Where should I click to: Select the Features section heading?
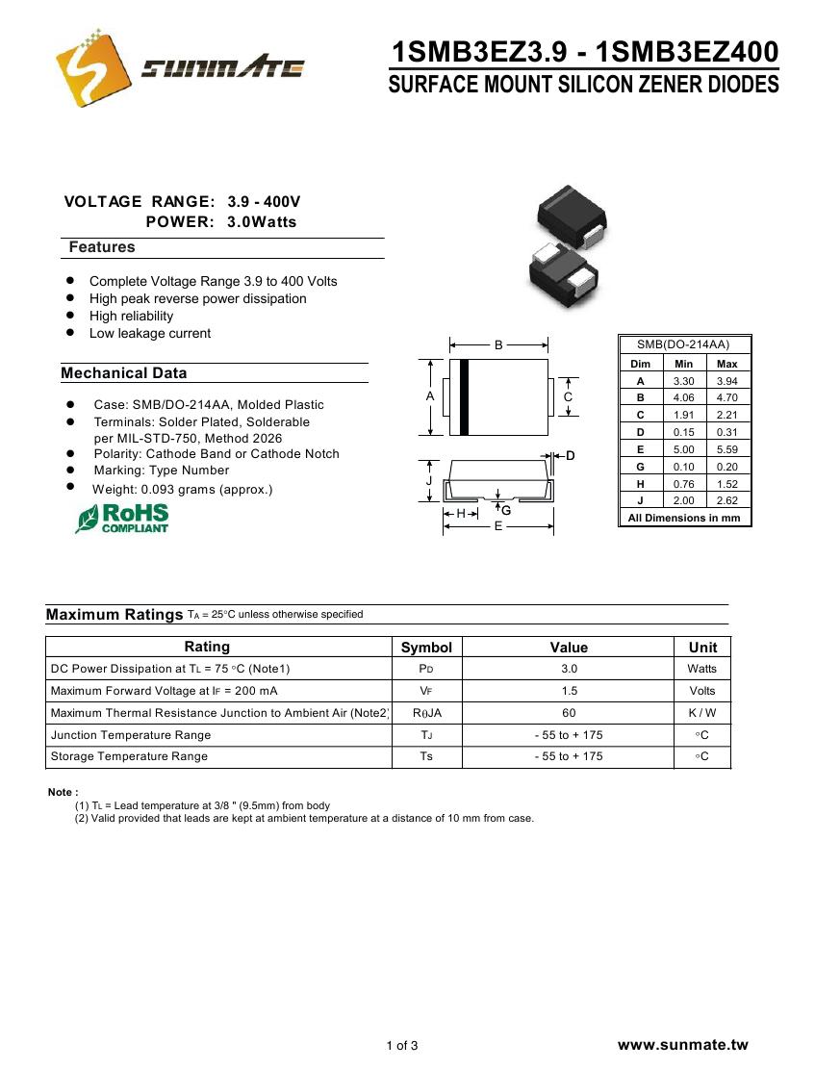tap(102, 247)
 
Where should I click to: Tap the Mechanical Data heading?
tap(124, 373)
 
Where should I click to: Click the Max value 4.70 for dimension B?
tap(727, 397)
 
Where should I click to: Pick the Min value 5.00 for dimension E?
tap(683, 449)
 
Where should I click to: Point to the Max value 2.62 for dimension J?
tap(727, 500)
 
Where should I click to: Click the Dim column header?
tap(640, 364)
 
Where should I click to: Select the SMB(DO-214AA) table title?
tap(683, 344)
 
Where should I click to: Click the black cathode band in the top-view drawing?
tap(464, 396)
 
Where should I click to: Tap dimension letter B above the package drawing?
tap(498, 344)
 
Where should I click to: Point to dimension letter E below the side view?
tap(498, 526)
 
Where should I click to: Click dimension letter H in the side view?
tap(461, 514)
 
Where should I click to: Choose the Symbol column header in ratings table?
tap(426, 648)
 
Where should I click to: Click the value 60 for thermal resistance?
tap(569, 713)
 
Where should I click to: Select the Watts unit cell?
tap(702, 669)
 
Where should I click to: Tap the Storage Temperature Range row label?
tap(129, 756)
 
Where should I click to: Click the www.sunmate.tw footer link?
tap(682, 1045)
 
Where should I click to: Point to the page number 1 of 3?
tap(402, 1046)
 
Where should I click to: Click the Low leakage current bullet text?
tap(150, 333)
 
